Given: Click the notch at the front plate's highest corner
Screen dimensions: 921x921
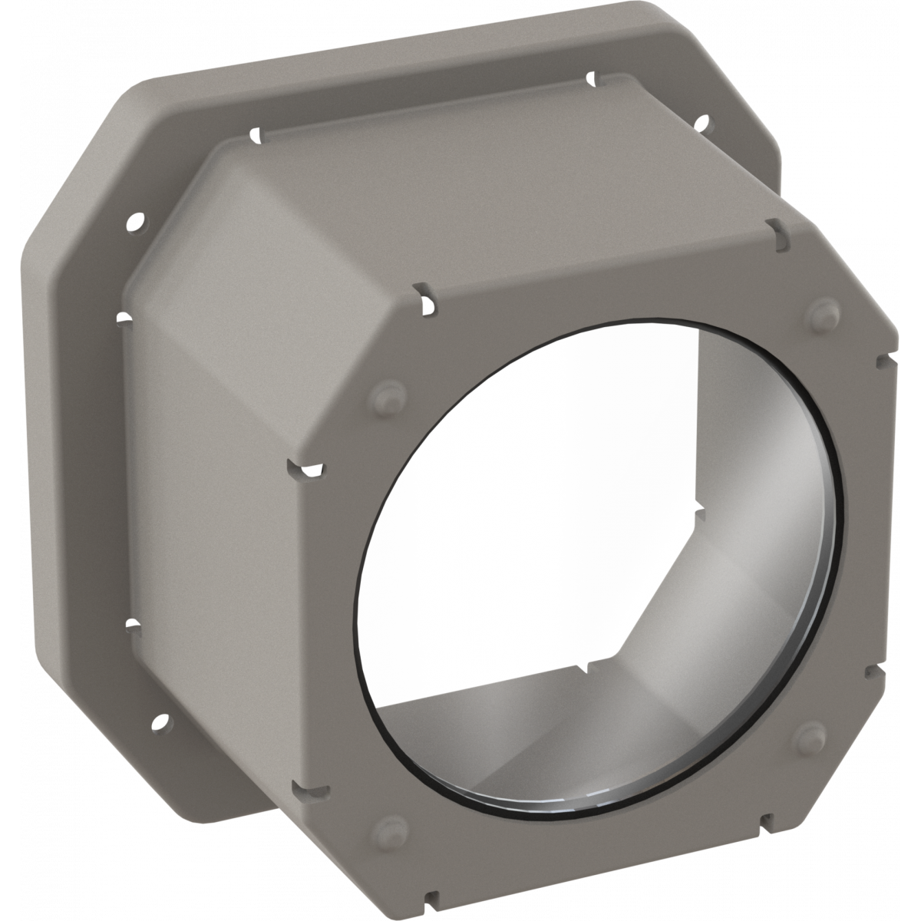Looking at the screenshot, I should coord(774,229).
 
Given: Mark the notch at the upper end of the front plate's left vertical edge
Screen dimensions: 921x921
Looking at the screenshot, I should coord(302,467).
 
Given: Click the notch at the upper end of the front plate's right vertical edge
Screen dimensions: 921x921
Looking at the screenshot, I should coord(881,358).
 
